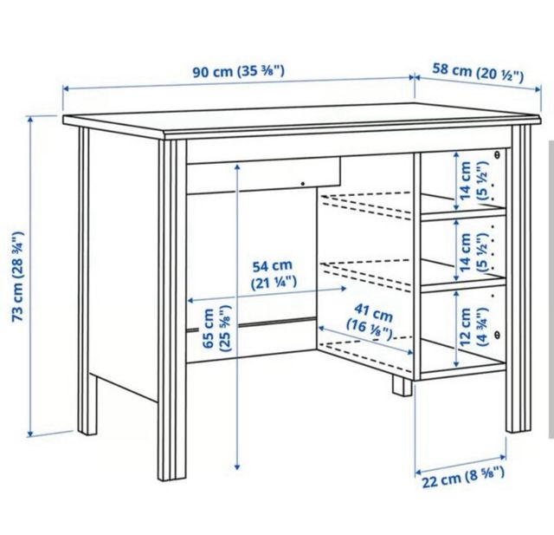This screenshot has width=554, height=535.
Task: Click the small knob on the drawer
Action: [x=302, y=183]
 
